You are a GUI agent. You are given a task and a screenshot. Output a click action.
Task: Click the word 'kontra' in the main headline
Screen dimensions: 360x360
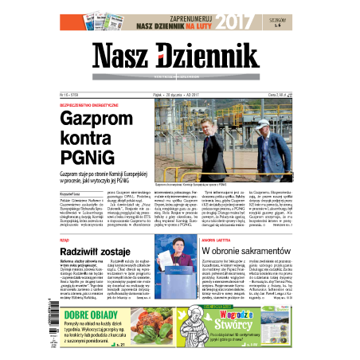87,138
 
